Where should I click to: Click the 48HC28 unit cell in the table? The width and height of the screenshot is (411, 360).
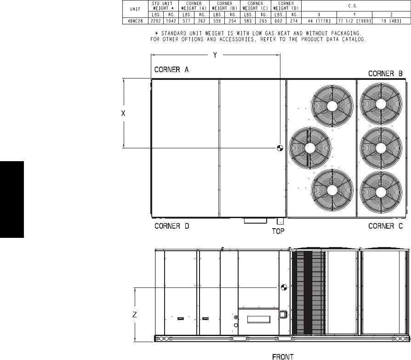(x=135, y=21)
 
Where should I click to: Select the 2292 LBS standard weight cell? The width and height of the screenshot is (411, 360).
(x=156, y=21)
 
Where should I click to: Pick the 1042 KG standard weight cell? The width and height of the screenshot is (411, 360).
(x=171, y=21)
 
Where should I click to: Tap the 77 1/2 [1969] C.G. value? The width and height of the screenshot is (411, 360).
(x=354, y=21)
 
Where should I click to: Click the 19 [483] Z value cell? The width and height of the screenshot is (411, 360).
(x=391, y=21)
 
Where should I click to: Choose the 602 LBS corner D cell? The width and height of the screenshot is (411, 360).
(x=279, y=21)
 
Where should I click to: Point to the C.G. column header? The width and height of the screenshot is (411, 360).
(x=353, y=6)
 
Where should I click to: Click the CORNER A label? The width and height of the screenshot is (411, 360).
(x=171, y=70)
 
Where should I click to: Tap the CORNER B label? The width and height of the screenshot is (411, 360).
(x=385, y=73)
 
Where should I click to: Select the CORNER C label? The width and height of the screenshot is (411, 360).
(x=385, y=226)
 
